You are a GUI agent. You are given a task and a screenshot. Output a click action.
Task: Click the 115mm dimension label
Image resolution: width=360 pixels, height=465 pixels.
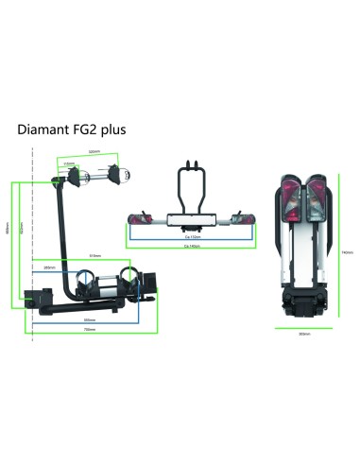[70, 164]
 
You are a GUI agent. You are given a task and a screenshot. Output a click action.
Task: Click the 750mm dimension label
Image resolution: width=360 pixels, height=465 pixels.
[90, 329]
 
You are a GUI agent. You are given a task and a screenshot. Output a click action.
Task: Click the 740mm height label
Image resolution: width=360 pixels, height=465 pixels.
[347, 252]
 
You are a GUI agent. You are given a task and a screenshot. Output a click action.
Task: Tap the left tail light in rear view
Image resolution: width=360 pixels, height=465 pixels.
[144, 215]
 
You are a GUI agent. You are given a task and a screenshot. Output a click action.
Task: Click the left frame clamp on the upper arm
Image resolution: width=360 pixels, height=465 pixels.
[81, 177]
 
